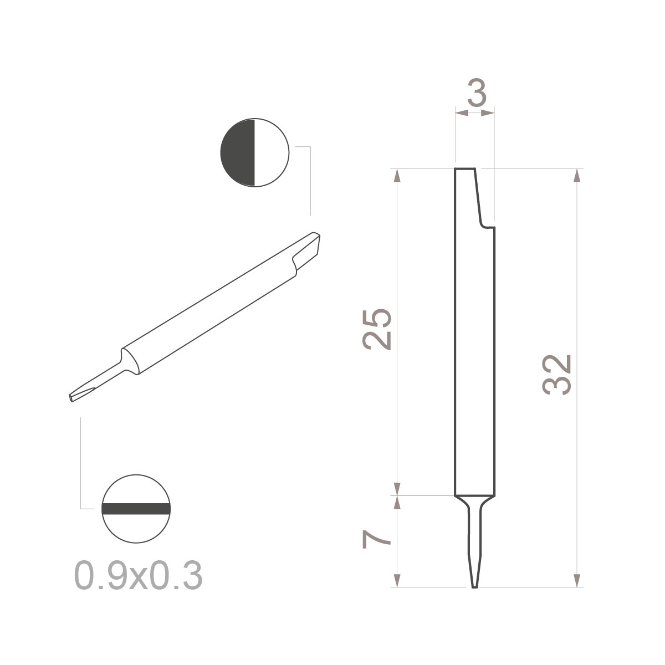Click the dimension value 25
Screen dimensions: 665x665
(x=377, y=329)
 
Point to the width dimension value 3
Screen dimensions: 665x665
(x=477, y=95)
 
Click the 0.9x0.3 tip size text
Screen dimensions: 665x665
(x=138, y=576)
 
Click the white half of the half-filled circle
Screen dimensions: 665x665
(x=272, y=152)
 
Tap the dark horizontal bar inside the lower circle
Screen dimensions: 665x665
(x=135, y=509)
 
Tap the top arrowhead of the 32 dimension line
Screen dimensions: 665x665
(x=577, y=175)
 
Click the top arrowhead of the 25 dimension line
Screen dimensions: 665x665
(x=397, y=175)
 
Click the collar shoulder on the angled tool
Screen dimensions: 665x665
(x=129, y=360)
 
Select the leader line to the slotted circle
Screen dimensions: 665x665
(x=81, y=465)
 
